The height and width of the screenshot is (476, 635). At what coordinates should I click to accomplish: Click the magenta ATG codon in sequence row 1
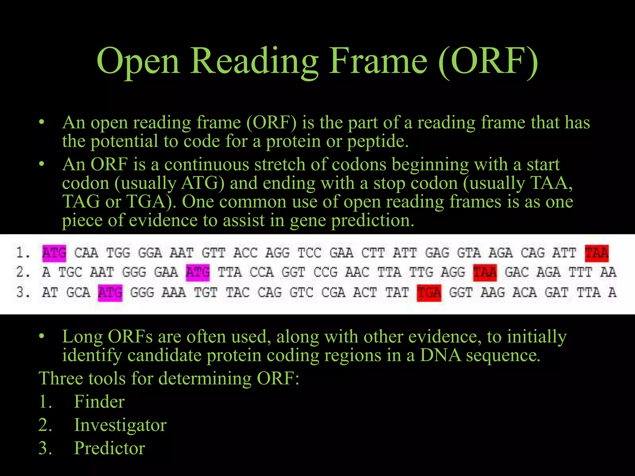click(54, 253)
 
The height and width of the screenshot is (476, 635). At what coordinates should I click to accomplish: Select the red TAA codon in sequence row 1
click(597, 253)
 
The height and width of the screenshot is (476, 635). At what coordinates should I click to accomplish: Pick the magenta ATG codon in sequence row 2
click(198, 272)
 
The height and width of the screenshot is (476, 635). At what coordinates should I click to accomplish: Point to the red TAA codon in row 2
click(485, 272)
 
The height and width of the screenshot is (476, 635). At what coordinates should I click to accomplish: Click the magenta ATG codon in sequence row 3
click(110, 293)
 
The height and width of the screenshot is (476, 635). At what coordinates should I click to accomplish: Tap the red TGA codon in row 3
click(429, 293)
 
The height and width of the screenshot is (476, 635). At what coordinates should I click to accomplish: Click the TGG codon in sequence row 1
click(118, 253)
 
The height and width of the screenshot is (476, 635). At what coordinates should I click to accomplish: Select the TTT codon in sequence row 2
click(580, 272)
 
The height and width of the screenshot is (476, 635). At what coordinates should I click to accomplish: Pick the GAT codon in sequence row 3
click(556, 293)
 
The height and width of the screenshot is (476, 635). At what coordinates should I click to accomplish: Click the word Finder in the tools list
click(99, 402)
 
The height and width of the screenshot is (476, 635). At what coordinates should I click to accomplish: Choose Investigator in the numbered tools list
click(120, 425)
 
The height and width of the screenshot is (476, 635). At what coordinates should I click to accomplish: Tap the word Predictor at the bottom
click(109, 448)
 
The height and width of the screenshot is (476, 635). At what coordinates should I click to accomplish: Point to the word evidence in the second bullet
click(163, 221)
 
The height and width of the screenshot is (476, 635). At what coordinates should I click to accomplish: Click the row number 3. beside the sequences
click(23, 293)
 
